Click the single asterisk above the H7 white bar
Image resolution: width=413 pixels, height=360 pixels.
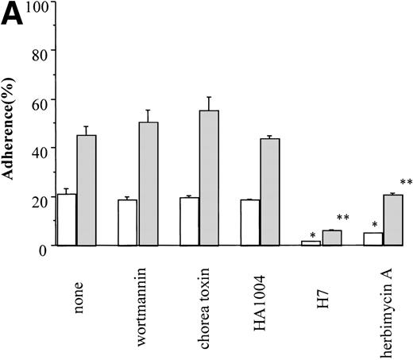[314, 234]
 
